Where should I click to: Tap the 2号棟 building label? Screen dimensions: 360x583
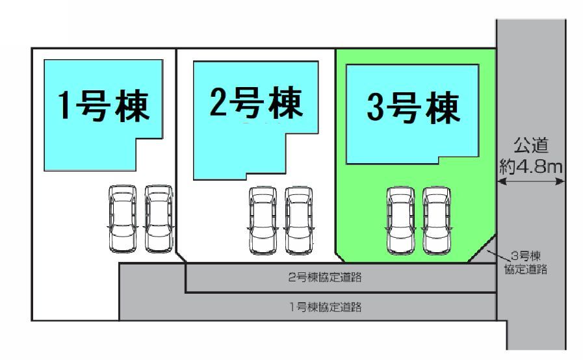[x=256, y=103]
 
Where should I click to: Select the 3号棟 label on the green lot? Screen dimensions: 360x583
[x=413, y=109]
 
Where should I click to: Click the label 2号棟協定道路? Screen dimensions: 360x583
[x=325, y=278]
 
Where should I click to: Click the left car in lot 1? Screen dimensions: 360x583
[x=122, y=218]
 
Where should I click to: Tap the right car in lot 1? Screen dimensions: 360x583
[x=158, y=218]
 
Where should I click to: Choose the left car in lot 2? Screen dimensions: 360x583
[x=262, y=221]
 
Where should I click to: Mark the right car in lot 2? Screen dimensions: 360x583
[x=298, y=221]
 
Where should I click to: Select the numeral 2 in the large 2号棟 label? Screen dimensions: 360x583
[x=220, y=103]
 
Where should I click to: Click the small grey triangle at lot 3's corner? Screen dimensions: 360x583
[x=487, y=253]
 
